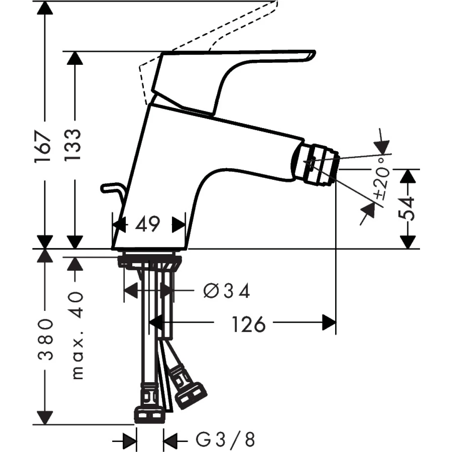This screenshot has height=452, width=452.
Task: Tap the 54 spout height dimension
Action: coord(407,208)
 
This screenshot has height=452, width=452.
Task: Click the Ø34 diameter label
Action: coord(227,291)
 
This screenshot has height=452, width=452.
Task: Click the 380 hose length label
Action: coord(46,339)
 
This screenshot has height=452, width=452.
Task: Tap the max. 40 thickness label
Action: coord(78,336)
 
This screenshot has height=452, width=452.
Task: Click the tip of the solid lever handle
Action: coord(311,56)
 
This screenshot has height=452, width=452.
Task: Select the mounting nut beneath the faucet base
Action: coord(149,261)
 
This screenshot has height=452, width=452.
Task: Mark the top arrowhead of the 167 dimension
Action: coord(45,8)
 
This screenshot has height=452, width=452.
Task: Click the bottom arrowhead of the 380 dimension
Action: coord(45,418)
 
